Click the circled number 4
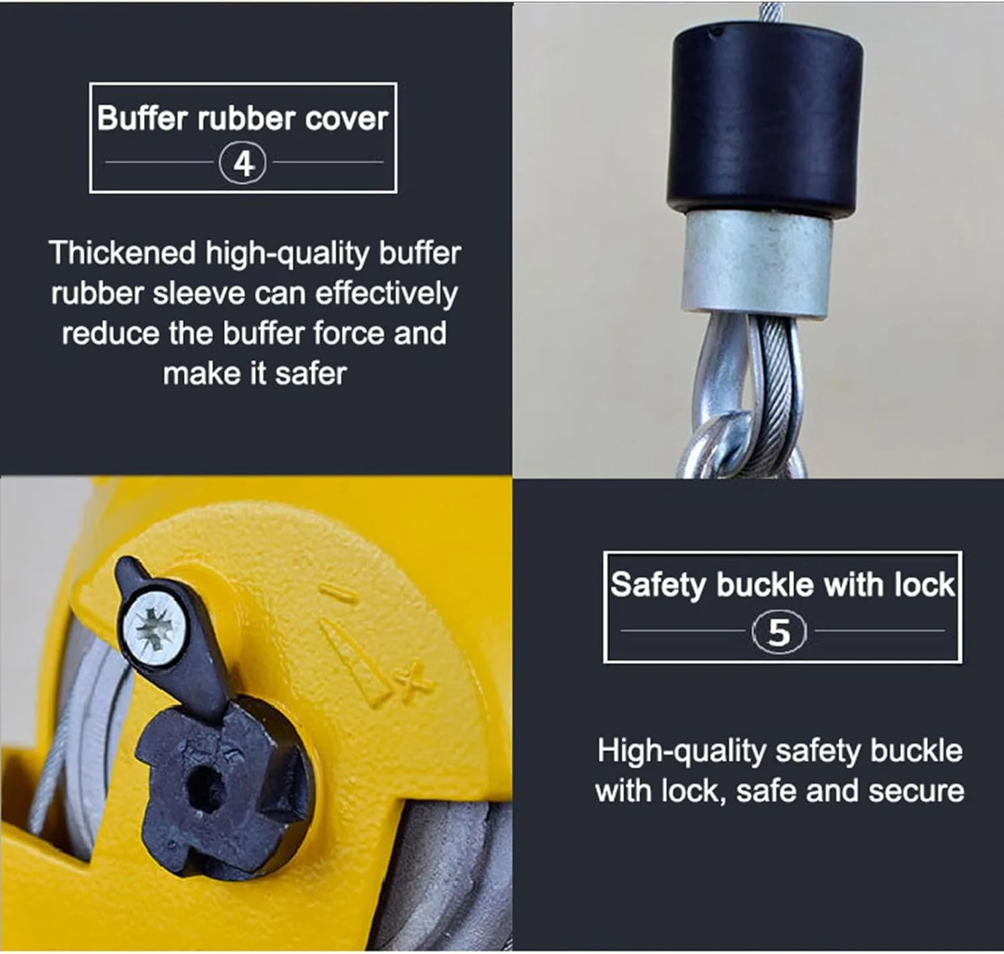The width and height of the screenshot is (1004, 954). click(x=242, y=163)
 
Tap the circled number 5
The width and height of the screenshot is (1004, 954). click(x=779, y=633)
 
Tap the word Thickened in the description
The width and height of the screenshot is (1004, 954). click(x=122, y=253)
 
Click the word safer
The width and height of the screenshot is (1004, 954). click(x=311, y=374)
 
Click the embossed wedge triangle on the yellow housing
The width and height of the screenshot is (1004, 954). click(x=353, y=663)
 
